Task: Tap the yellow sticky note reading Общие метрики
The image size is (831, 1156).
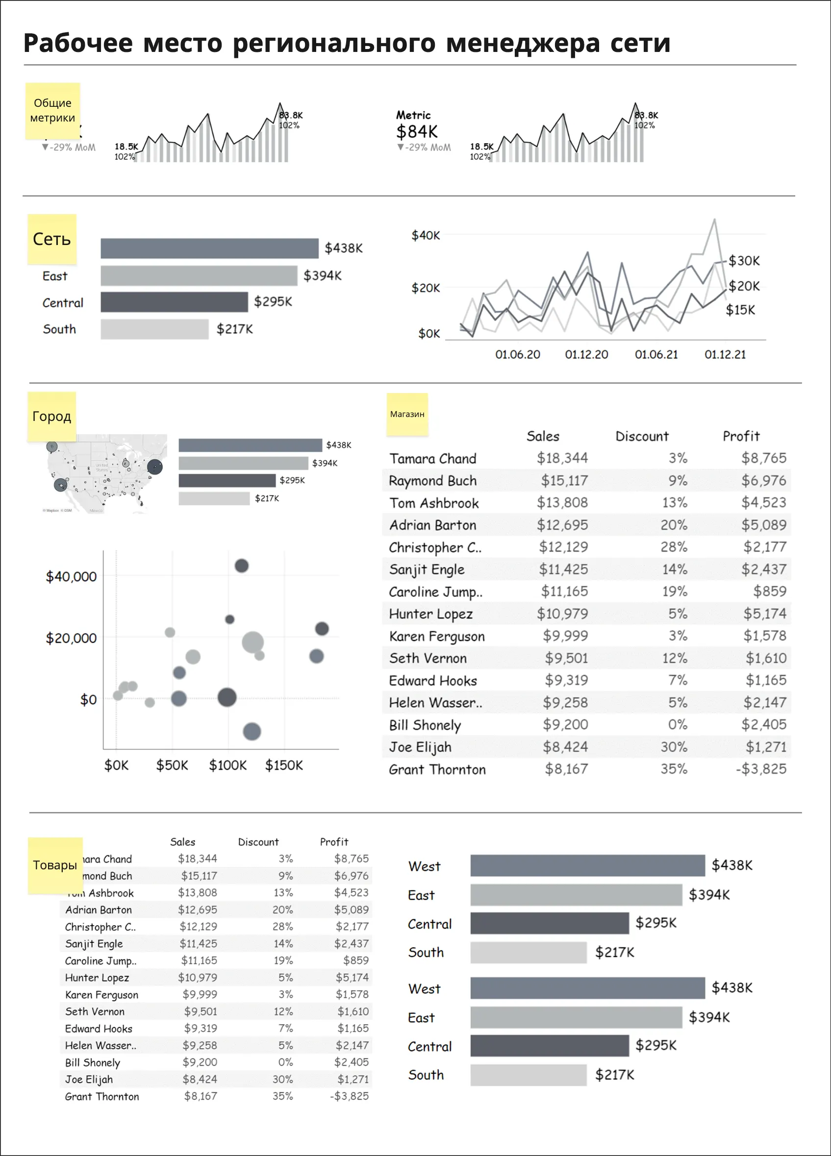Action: (52, 111)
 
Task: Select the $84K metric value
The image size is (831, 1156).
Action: (417, 132)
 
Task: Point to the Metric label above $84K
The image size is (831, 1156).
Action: (413, 115)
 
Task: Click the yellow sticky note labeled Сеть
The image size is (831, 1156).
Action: (51, 239)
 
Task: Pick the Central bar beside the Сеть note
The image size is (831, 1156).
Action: (174, 302)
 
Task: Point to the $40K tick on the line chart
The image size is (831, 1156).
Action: (425, 236)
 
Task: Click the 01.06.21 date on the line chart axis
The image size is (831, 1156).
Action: (655, 355)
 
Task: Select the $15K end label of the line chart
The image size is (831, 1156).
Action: (740, 310)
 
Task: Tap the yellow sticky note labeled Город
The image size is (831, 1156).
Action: (51, 417)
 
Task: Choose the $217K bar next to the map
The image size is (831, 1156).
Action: (214, 498)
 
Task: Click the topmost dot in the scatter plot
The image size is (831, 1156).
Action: (241, 566)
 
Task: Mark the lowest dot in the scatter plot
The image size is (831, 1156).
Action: (252, 732)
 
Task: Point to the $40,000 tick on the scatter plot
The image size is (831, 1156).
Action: (71, 577)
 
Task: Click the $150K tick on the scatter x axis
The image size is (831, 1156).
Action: (283, 765)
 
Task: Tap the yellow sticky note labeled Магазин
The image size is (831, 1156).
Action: (407, 415)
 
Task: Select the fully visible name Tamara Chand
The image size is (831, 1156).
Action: (432, 459)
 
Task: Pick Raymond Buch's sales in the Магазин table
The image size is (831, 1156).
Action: (564, 481)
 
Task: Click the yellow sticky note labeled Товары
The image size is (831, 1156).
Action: (54, 865)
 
